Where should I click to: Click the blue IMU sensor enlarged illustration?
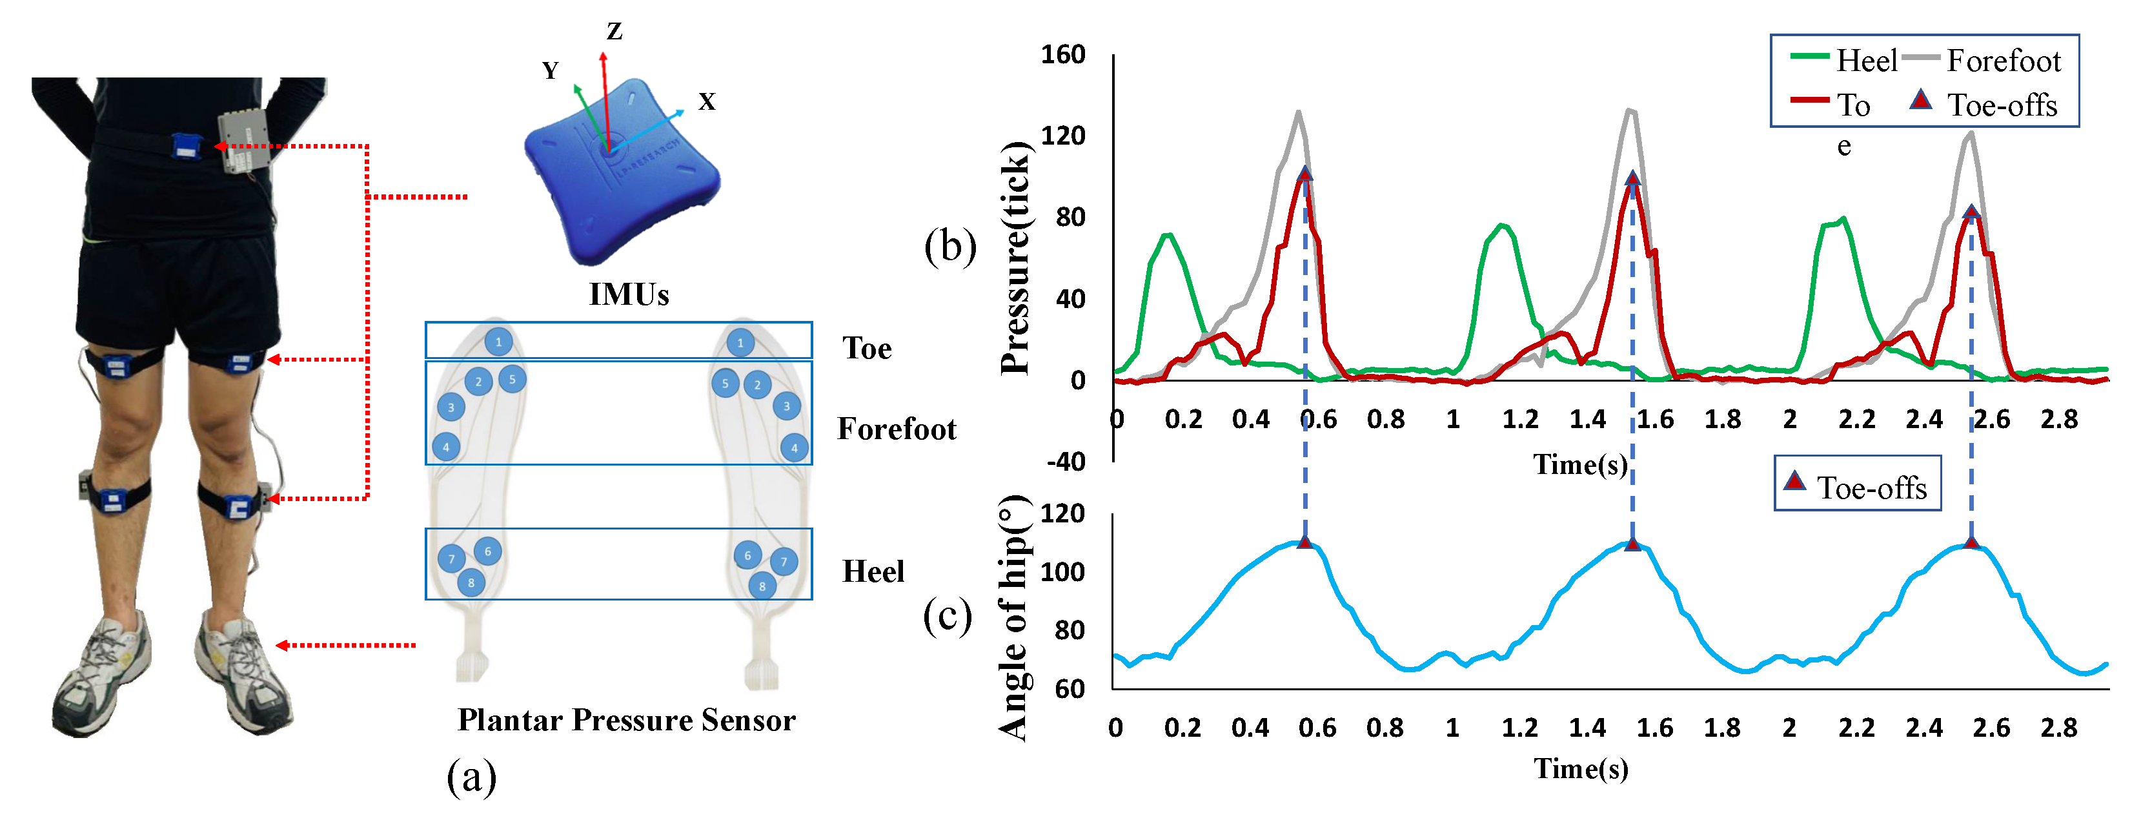(x=622, y=170)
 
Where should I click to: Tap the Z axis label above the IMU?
(x=614, y=32)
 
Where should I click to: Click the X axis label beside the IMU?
(x=707, y=101)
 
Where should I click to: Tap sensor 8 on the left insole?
(x=471, y=582)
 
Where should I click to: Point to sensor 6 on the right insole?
(x=747, y=555)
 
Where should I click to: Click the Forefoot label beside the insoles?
(x=896, y=429)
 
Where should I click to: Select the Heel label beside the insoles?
(x=873, y=572)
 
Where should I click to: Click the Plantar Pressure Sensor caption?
(x=627, y=720)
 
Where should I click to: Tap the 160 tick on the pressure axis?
(x=1063, y=55)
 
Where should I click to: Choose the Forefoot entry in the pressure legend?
(x=2003, y=61)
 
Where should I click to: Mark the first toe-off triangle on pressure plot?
(x=1305, y=174)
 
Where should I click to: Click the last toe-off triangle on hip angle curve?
(x=1971, y=544)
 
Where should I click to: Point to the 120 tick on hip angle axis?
(x=1063, y=513)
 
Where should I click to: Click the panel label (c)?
(x=947, y=616)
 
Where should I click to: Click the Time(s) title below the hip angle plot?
(x=1580, y=769)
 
